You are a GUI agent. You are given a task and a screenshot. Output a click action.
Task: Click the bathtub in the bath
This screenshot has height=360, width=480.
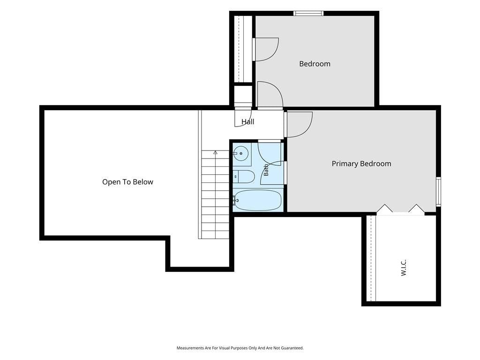point(258,200)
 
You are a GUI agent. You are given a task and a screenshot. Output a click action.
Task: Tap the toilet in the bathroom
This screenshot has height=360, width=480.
point(244,177)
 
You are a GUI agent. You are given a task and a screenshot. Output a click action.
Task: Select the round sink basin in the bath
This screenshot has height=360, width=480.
point(241,152)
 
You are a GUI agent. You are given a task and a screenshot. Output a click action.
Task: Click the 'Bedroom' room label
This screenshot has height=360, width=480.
point(315,64)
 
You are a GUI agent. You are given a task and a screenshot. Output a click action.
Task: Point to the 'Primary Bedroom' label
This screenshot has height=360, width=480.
point(361,164)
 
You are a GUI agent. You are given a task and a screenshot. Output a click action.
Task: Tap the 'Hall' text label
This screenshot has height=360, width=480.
point(247,121)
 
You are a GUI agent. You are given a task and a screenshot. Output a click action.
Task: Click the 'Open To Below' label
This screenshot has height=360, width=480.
point(127,182)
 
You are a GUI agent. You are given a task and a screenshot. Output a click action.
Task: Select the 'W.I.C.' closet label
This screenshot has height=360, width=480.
point(404,268)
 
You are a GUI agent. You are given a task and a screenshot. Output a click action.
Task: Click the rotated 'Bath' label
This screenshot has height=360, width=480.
point(266,170)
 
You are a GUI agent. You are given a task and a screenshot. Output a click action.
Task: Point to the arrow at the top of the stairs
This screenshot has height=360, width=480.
point(216,152)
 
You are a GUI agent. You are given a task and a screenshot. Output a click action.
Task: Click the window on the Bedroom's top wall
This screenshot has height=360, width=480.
point(308,13)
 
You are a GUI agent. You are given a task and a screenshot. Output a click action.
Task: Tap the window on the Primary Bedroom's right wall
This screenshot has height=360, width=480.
point(438,192)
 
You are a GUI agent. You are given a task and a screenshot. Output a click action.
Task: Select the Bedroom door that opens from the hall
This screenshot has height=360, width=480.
point(270,95)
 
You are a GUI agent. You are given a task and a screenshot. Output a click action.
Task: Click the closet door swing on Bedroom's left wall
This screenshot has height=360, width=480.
point(266,49)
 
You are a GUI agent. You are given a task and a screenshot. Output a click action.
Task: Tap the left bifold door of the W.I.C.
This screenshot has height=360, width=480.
point(384,209)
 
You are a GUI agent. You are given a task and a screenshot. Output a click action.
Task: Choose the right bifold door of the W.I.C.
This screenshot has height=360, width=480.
point(417,209)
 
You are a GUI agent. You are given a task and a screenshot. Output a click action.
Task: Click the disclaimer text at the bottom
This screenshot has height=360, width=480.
point(240,348)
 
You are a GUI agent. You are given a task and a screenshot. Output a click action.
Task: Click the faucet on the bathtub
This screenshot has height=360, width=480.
point(235,200)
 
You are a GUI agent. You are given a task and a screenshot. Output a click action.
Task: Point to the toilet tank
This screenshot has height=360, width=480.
point(235,177)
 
